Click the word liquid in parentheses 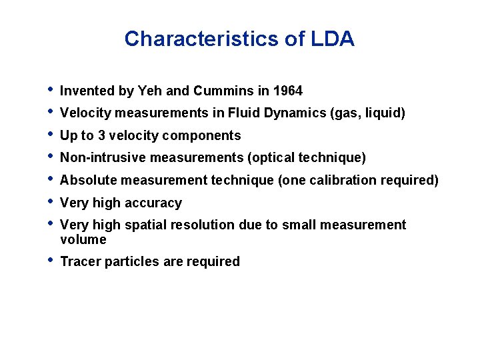(384, 113)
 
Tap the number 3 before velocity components (101, 136)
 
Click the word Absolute (87, 181)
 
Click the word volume (83, 240)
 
